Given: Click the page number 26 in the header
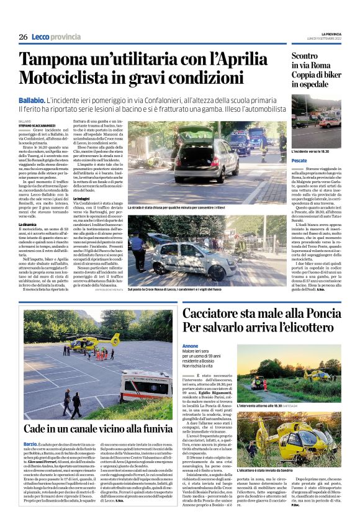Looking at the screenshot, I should click(x=23, y=37).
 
